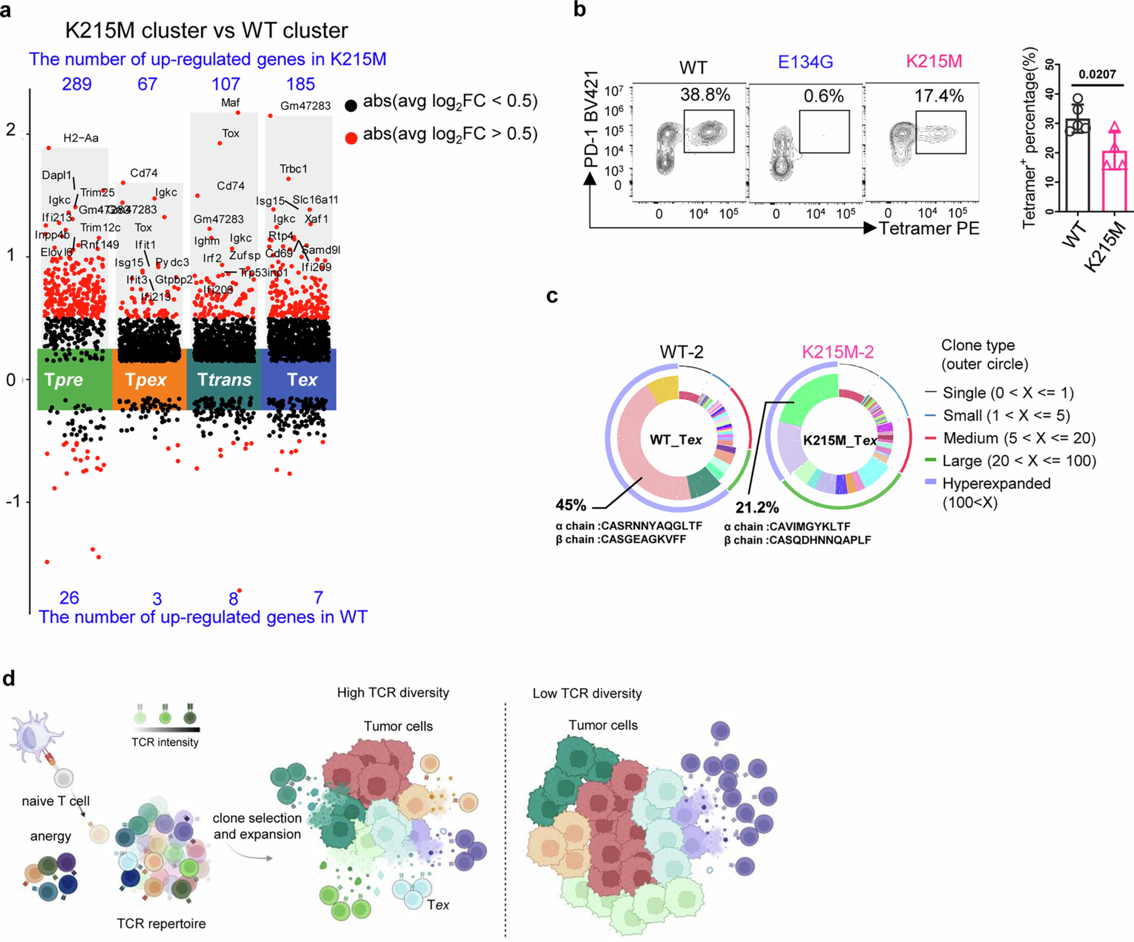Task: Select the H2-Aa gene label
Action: pos(81,138)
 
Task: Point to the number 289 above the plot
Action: pos(77,84)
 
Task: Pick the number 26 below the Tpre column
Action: pos(69,598)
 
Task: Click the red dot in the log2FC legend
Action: pos(351,138)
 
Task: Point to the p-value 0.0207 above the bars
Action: pos(1097,75)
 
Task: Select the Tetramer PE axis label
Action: pos(929,228)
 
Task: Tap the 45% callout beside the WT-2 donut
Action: pos(571,505)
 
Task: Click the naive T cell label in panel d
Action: pos(56,801)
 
